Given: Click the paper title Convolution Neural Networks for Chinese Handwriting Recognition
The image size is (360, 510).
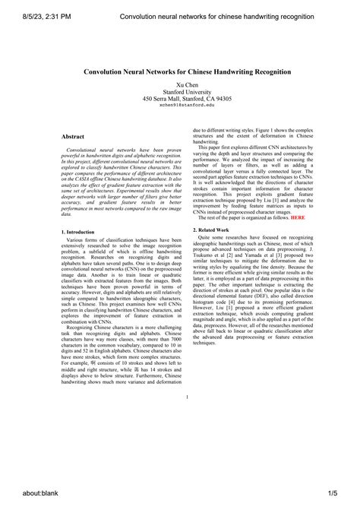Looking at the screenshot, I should coord(186,71).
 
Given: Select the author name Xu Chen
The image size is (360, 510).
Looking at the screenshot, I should coord(186,85).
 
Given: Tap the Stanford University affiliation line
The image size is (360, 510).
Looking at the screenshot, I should coord(186,92).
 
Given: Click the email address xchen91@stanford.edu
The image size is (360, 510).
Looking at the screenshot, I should coord(186,106).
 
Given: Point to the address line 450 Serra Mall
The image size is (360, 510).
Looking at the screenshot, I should coord(186,99).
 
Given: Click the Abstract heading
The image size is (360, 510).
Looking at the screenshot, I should coord(73,137).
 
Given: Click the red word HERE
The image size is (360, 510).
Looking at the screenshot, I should coord(298,217).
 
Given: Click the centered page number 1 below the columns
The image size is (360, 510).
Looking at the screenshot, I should coord(186,398).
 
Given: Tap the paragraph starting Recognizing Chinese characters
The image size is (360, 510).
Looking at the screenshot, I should coord(122,357).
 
